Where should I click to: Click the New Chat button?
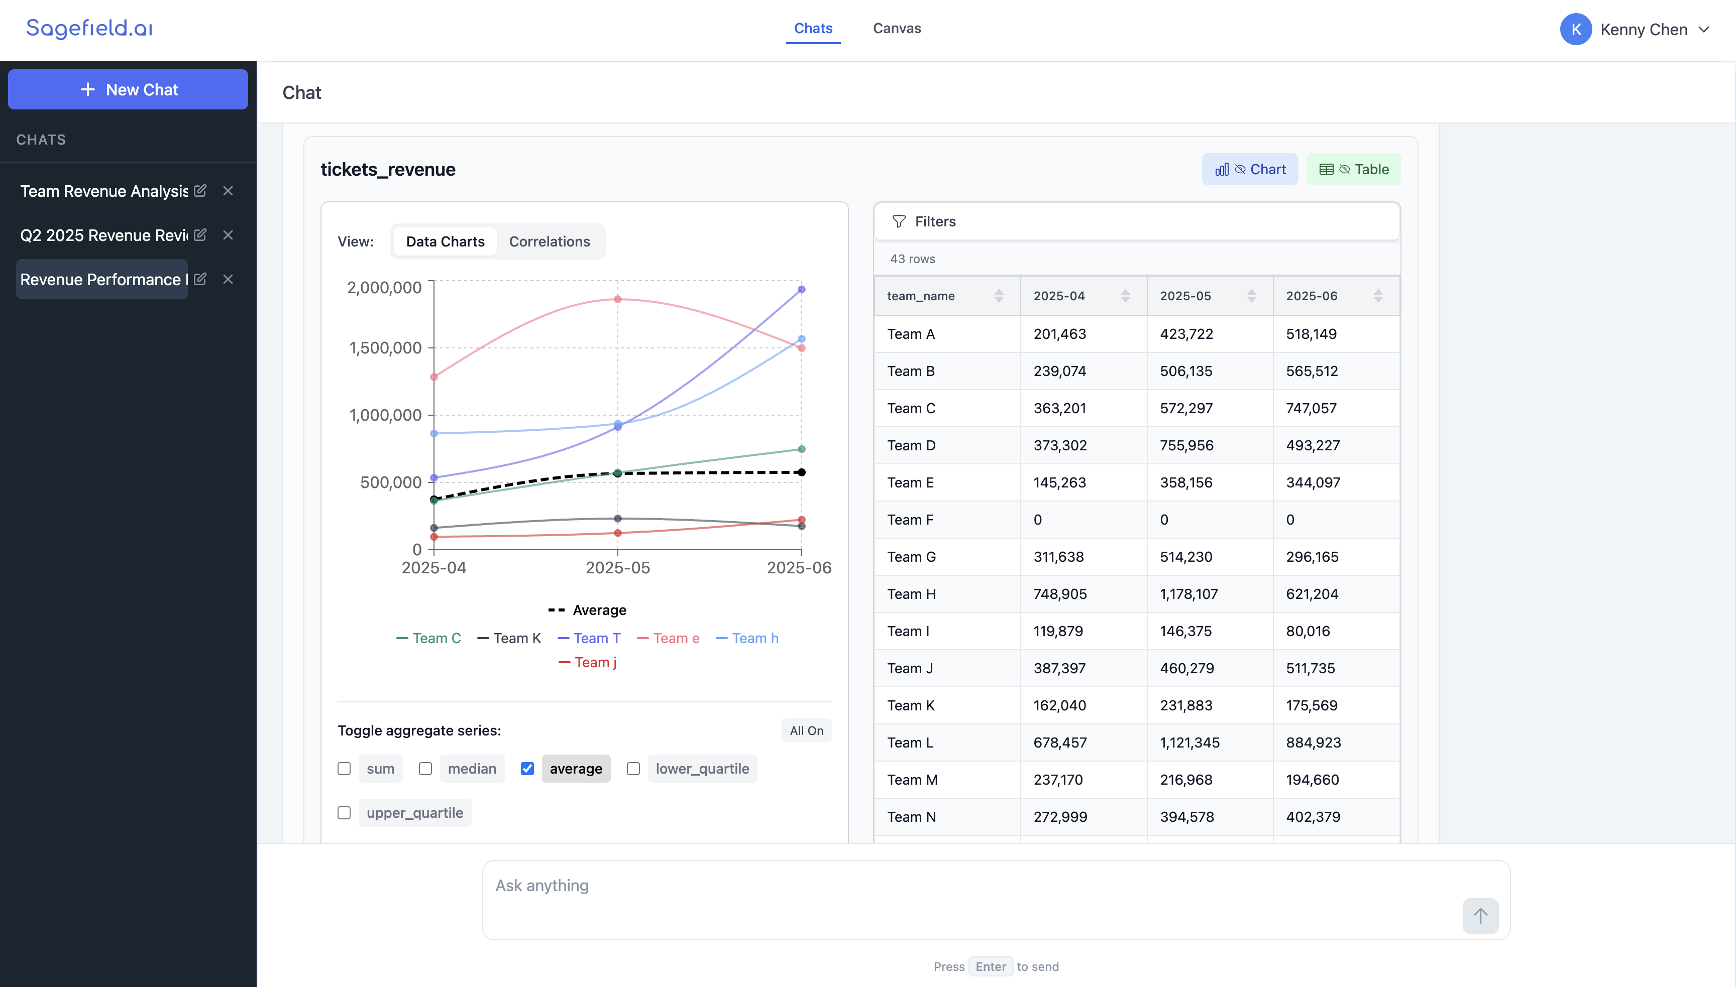tap(128, 89)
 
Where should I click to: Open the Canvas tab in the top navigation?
tap(897, 29)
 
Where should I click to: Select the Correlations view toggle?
tap(550, 241)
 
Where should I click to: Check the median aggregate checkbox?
tap(425, 769)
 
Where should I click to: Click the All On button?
tap(806, 731)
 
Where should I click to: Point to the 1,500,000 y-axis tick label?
tap(385, 348)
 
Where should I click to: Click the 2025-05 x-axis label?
tap(617, 568)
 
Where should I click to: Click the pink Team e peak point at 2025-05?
tap(617, 299)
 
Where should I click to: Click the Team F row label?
tap(910, 520)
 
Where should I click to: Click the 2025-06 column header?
tap(1312, 296)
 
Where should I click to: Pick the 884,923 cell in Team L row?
tap(1313, 743)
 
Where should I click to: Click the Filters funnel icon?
tap(899, 222)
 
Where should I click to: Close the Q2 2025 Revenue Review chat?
tap(228, 235)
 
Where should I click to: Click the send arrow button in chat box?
tap(1480, 917)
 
